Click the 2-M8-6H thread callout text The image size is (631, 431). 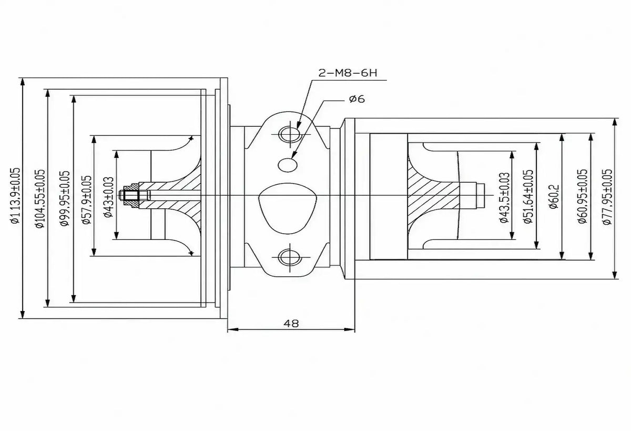(x=348, y=73)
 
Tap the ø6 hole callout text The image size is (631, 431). (x=357, y=99)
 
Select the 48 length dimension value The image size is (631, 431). (x=291, y=323)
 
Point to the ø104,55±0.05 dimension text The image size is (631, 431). (x=40, y=198)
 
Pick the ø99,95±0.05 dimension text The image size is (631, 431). (x=65, y=198)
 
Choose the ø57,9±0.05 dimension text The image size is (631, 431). (x=87, y=200)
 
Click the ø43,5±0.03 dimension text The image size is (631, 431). (x=505, y=197)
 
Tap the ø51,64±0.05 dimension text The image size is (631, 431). (x=528, y=196)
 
